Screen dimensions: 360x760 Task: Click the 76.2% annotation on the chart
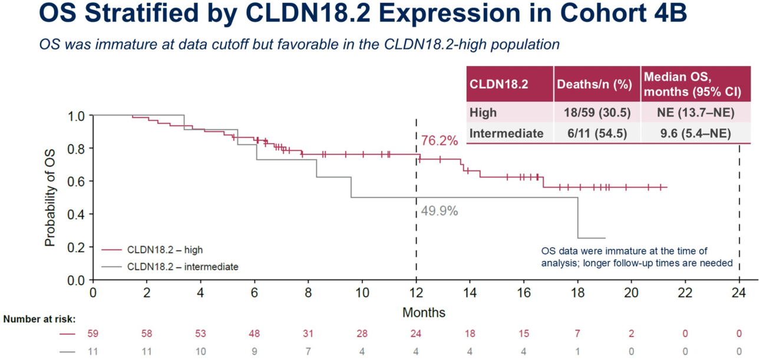(439, 141)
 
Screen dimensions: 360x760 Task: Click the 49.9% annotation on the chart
(439, 212)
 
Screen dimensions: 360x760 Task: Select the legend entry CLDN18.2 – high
(164, 250)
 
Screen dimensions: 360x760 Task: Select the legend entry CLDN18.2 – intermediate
(183, 267)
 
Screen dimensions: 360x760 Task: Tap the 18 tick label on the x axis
(577, 293)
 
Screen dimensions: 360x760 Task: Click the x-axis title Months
(424, 312)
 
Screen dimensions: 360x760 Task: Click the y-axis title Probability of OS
(51, 197)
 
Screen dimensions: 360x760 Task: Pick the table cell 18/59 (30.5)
(597, 113)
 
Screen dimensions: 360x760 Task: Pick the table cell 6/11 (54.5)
(597, 134)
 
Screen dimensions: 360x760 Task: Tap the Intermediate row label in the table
(506, 134)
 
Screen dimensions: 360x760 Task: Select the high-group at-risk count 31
(309, 334)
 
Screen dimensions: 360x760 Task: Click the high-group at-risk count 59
(92, 334)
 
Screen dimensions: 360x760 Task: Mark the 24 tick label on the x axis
(739, 293)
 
